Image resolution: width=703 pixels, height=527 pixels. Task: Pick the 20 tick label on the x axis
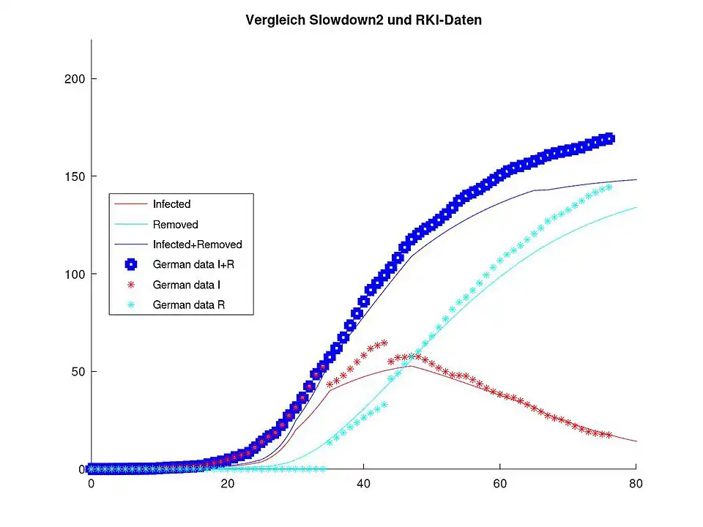(x=227, y=484)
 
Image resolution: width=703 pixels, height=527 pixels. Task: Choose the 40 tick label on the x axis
(x=363, y=484)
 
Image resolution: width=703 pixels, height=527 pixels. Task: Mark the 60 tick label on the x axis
(x=499, y=484)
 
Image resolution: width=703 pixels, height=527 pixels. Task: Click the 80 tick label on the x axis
(x=636, y=484)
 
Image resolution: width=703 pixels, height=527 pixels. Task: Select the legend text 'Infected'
(x=171, y=204)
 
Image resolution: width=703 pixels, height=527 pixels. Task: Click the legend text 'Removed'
(x=175, y=225)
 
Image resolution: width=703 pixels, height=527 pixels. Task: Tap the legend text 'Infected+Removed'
(x=197, y=244)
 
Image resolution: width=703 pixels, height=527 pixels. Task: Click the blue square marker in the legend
(x=131, y=264)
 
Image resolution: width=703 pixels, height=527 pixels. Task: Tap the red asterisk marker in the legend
(x=131, y=284)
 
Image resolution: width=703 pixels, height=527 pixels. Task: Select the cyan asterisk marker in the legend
(x=131, y=304)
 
